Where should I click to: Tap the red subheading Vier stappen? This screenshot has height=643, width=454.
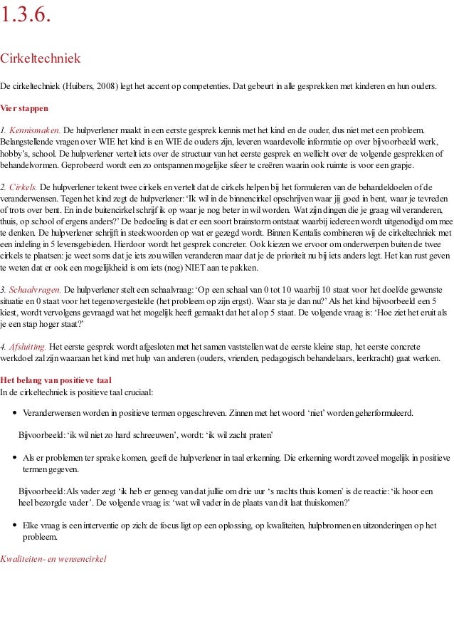(x=24, y=109)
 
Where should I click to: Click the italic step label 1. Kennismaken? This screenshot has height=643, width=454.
(x=31, y=131)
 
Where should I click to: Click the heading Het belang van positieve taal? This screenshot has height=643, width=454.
(x=56, y=380)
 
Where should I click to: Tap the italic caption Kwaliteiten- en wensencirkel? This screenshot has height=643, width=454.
(x=53, y=559)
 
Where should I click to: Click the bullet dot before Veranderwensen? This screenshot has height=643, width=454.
(x=16, y=413)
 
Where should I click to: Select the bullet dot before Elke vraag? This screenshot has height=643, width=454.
(x=16, y=526)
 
